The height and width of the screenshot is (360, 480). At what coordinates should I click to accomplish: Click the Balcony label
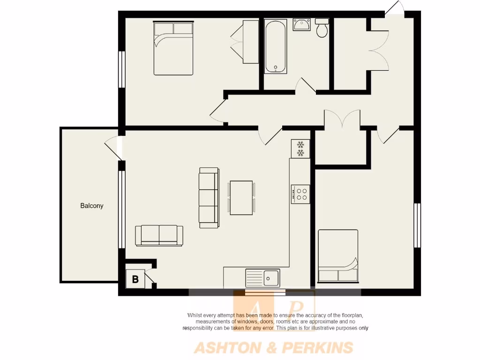91,205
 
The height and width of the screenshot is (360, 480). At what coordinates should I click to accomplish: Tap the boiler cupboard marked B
135,280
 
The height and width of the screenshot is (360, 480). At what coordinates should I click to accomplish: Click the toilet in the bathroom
322,28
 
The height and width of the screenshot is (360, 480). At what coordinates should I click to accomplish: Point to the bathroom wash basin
301,24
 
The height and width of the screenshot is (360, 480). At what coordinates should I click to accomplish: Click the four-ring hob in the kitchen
300,194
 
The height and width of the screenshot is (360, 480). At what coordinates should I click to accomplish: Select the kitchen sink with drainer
262,278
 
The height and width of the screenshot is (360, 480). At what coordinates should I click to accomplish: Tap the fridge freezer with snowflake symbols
300,149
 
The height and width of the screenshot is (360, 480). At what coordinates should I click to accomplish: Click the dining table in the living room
241,198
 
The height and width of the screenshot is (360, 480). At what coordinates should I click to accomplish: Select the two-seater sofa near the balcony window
159,235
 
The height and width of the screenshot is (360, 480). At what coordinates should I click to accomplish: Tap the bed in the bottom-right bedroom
337,256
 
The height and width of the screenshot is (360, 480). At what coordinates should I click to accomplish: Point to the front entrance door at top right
394,10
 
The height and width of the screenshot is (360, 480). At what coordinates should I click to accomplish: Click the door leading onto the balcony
112,146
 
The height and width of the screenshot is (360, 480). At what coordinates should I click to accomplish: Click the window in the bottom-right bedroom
416,225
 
